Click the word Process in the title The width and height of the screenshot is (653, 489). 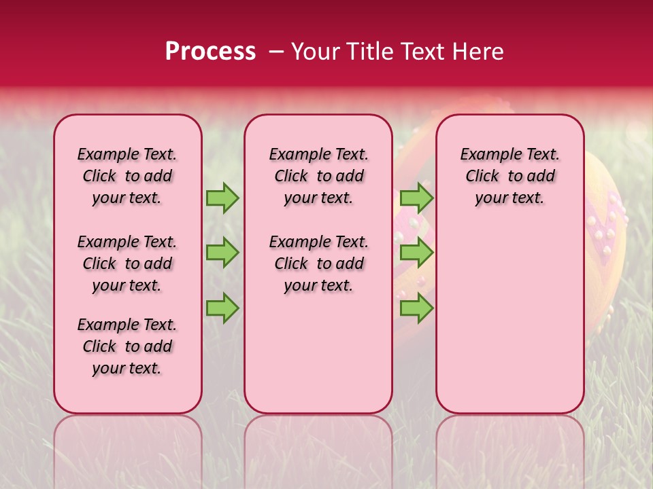[210, 51]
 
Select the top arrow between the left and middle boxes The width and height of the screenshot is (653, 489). [222, 198]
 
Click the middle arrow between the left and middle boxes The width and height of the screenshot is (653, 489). [222, 253]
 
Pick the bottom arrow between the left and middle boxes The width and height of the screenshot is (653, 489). [222, 308]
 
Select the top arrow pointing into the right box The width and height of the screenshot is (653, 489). [416, 198]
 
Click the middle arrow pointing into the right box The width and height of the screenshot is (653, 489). [416, 253]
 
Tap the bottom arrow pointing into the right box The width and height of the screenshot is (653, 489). [416, 308]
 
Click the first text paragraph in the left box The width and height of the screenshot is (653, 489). [127, 176]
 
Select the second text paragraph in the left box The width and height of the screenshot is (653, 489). [127, 264]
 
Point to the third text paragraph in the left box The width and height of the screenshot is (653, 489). [127, 346]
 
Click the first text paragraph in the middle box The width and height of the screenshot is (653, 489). [318, 176]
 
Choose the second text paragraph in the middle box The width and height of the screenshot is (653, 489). [318, 264]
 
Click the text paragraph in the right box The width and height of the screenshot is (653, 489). [509, 176]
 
